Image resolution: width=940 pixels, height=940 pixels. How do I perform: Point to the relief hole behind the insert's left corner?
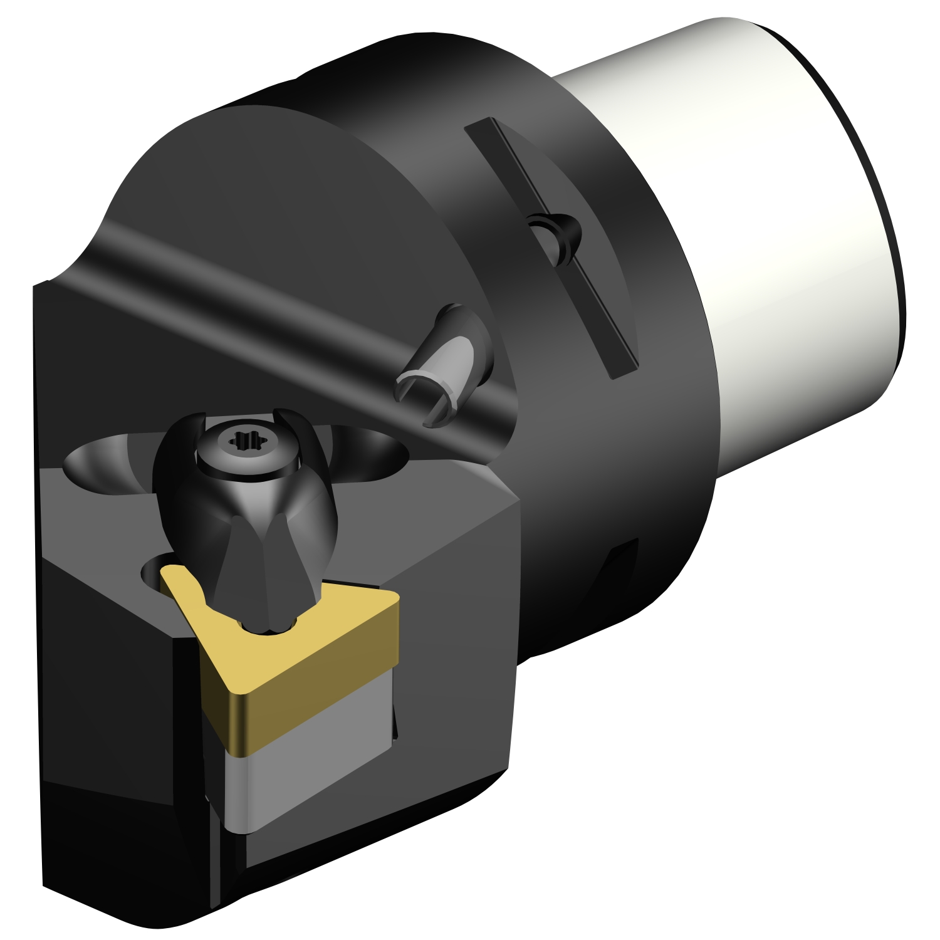click(x=154, y=567)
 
